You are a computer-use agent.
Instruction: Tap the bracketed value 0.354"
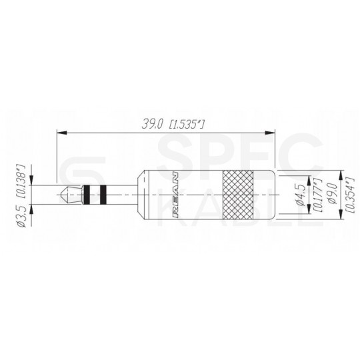coord(347,193)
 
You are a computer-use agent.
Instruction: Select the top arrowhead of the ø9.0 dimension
coord(340,172)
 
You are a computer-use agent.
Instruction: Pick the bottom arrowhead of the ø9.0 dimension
coord(340,215)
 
